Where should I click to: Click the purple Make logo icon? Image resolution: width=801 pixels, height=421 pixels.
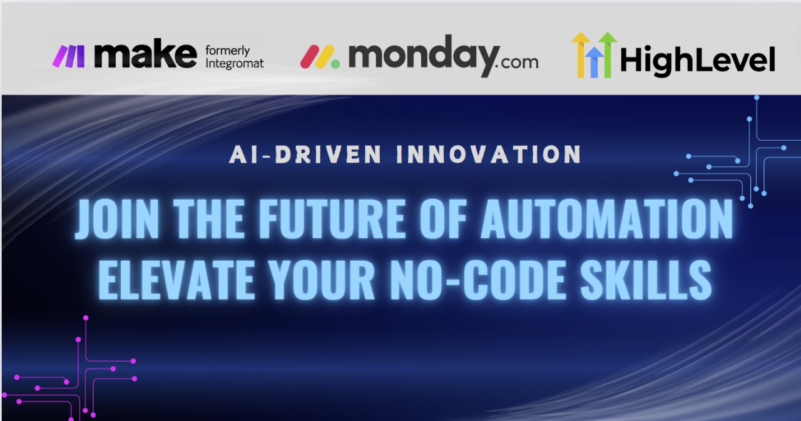click(69, 56)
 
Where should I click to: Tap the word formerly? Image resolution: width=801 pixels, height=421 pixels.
click(227, 51)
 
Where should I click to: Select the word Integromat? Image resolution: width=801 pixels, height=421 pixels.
click(235, 64)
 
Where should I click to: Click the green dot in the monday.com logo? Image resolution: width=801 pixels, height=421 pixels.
click(335, 64)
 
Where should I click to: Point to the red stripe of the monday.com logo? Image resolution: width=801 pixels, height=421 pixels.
click(310, 56)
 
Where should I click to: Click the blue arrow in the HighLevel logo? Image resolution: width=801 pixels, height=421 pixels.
click(594, 62)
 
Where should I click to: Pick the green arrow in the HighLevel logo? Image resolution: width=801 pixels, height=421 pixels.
click(608, 54)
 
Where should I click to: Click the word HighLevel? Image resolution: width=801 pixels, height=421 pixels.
click(698, 59)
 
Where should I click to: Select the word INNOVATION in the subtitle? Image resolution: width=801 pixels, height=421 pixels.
click(489, 155)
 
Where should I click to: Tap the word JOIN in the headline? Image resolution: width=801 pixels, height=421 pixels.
click(117, 219)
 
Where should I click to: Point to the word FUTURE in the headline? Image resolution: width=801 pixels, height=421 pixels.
click(332, 219)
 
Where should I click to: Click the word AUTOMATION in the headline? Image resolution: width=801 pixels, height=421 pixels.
click(606, 219)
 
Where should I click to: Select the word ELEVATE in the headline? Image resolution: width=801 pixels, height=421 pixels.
click(176, 280)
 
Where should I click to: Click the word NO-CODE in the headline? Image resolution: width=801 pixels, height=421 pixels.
click(478, 280)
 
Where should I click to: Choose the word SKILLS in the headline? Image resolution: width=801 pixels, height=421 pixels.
click(646, 280)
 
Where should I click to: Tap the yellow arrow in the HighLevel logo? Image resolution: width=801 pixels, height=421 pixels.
click(580, 54)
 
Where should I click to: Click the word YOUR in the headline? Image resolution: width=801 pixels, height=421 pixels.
click(322, 280)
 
